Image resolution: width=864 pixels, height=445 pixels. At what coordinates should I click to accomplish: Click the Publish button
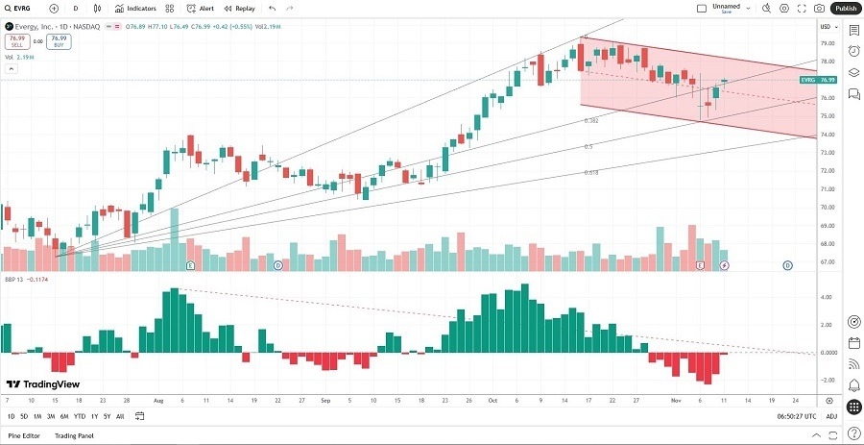point(846,8)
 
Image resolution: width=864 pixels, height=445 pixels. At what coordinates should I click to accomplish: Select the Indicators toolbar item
point(136,8)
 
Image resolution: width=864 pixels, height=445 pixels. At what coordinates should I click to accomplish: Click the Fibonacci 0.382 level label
point(591,121)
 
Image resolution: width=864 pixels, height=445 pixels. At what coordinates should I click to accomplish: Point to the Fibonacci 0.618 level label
point(591,172)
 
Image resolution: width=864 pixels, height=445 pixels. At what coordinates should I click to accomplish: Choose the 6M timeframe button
point(64,416)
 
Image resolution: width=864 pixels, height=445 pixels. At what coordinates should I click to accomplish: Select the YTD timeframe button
point(80,416)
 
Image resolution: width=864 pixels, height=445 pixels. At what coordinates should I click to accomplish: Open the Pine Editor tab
point(23,435)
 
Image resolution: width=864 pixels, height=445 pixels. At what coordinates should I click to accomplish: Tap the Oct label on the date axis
point(492,400)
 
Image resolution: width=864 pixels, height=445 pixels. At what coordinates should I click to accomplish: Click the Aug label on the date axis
point(158,400)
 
